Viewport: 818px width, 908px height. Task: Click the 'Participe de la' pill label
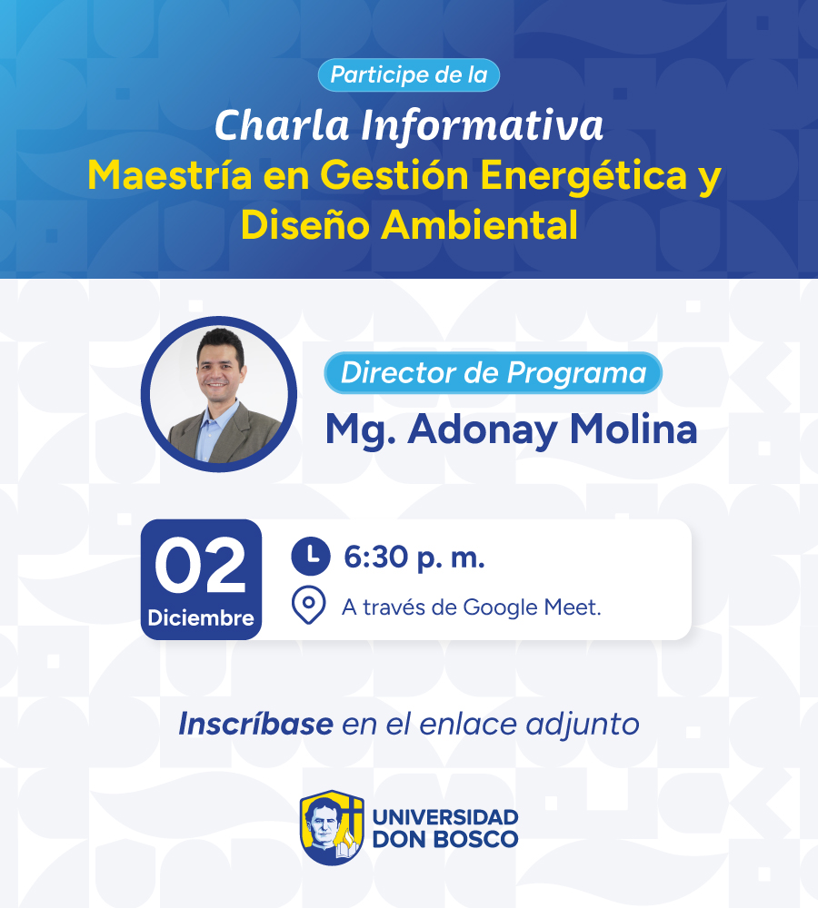409,74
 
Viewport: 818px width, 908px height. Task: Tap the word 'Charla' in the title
282,124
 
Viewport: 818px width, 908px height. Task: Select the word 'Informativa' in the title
482,124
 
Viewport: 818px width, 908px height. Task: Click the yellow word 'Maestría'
170,175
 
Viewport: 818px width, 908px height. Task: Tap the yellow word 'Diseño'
305,224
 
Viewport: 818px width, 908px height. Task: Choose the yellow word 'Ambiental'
479,224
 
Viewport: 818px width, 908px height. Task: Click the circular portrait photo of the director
219,394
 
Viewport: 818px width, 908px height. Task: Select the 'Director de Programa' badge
493,372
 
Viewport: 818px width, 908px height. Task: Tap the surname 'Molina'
633,429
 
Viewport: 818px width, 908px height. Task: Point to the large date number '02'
200,566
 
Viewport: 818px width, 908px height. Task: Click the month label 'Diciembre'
201,617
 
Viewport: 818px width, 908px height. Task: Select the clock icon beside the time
311,557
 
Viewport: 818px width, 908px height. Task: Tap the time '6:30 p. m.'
414,558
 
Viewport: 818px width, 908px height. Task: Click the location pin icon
308,605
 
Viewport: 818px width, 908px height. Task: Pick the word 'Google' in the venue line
501,608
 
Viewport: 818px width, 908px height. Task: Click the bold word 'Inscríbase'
255,724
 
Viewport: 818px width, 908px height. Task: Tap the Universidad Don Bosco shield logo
332,827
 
